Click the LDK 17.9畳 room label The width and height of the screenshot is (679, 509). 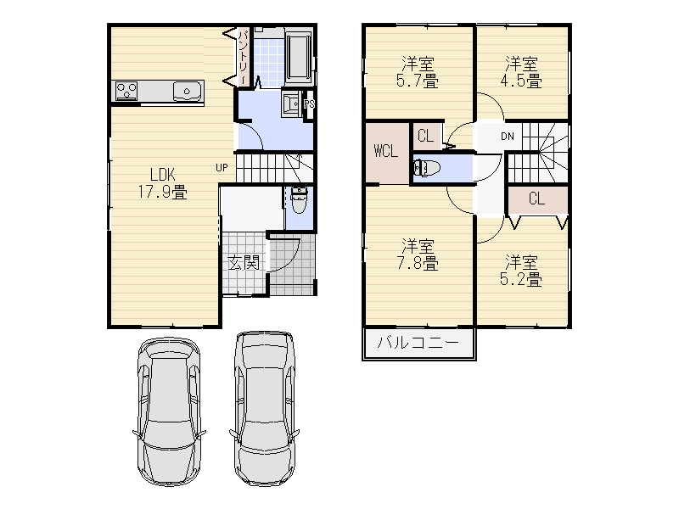click(x=162, y=183)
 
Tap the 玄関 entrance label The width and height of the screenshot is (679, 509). click(x=244, y=262)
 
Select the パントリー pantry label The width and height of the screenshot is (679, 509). click(x=244, y=57)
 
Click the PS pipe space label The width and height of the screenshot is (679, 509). click(x=309, y=103)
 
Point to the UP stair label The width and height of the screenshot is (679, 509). click(x=222, y=167)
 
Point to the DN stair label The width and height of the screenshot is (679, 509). click(x=507, y=137)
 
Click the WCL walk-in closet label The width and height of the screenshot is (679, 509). click(x=385, y=151)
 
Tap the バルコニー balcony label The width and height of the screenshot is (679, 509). click(x=418, y=343)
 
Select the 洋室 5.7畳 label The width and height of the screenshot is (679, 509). click(x=418, y=72)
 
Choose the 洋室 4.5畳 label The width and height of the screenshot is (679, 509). click(x=521, y=72)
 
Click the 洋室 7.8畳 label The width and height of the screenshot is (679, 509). click(x=418, y=255)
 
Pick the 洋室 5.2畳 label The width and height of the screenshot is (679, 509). click(x=521, y=271)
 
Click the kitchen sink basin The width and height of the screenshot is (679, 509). click(x=187, y=92)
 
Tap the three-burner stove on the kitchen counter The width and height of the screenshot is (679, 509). click(x=126, y=92)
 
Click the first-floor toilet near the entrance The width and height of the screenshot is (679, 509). click(x=299, y=200)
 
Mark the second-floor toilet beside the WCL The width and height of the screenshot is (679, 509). click(x=427, y=168)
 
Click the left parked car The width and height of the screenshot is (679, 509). click(x=169, y=411)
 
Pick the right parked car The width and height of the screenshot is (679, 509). click(x=264, y=408)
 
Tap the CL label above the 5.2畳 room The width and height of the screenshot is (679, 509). click(x=536, y=199)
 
